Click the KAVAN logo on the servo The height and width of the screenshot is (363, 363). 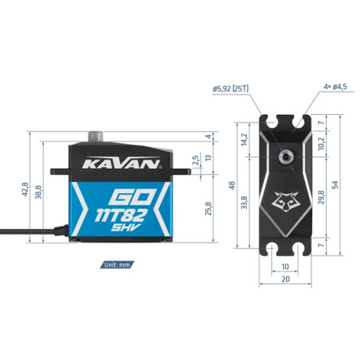122,163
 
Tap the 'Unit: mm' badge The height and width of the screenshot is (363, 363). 117,265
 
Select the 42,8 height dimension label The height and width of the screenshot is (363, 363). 25,189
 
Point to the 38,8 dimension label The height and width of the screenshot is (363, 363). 38,192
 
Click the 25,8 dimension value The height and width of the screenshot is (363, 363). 208,208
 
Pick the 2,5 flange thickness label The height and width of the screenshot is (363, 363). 196,160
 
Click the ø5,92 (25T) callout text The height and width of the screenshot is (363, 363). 231,89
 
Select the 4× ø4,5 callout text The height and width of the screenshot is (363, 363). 335,86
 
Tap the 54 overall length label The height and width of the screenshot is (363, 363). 335,185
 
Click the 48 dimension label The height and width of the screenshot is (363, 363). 232,185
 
